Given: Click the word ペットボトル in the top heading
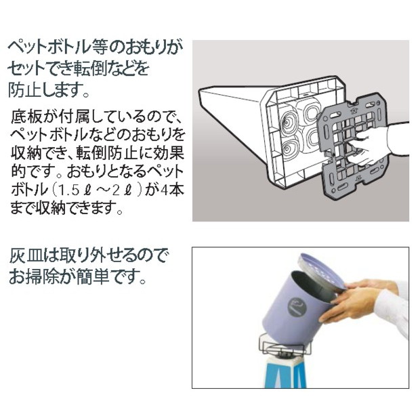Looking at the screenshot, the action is pos(47,47).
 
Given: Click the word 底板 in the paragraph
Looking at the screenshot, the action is pos(26,117).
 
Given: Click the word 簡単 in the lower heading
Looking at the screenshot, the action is pos(93,276).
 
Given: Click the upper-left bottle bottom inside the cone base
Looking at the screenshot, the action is pos(287,123).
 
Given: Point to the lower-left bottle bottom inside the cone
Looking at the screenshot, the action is pos(289,150).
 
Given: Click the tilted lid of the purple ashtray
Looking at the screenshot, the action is pos(321,271).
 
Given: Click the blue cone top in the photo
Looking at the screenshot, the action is pos(286,373).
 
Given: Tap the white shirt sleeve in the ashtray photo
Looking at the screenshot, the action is pos(392,308).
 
